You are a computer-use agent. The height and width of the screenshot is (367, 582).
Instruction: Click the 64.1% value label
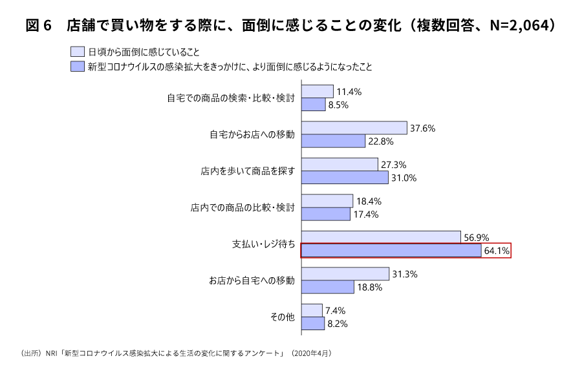pyautogui.click(x=497, y=251)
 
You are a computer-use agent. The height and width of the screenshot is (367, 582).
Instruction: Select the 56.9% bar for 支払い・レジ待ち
pyautogui.click(x=381, y=237)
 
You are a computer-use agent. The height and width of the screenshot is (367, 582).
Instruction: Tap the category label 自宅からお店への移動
pyautogui.click(x=252, y=134)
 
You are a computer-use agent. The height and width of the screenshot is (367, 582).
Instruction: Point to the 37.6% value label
pyautogui.click(x=422, y=129)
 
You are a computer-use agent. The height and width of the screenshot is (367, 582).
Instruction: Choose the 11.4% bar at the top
pyautogui.click(x=318, y=92)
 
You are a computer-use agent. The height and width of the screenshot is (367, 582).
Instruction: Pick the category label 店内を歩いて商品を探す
pyautogui.click(x=248, y=171)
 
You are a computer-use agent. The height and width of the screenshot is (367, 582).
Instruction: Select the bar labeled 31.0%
pyautogui.click(x=345, y=178)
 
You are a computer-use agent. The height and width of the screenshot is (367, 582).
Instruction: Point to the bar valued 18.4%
pyautogui.click(x=327, y=201)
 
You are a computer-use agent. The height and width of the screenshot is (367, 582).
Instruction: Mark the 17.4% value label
pyautogui.click(x=365, y=214)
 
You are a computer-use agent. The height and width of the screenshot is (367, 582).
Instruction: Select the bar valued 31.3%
pyautogui.click(x=345, y=274)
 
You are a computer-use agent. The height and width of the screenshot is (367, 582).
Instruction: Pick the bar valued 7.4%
pyautogui.click(x=312, y=310)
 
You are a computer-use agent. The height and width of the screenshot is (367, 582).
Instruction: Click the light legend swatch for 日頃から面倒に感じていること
pyautogui.click(x=77, y=51)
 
